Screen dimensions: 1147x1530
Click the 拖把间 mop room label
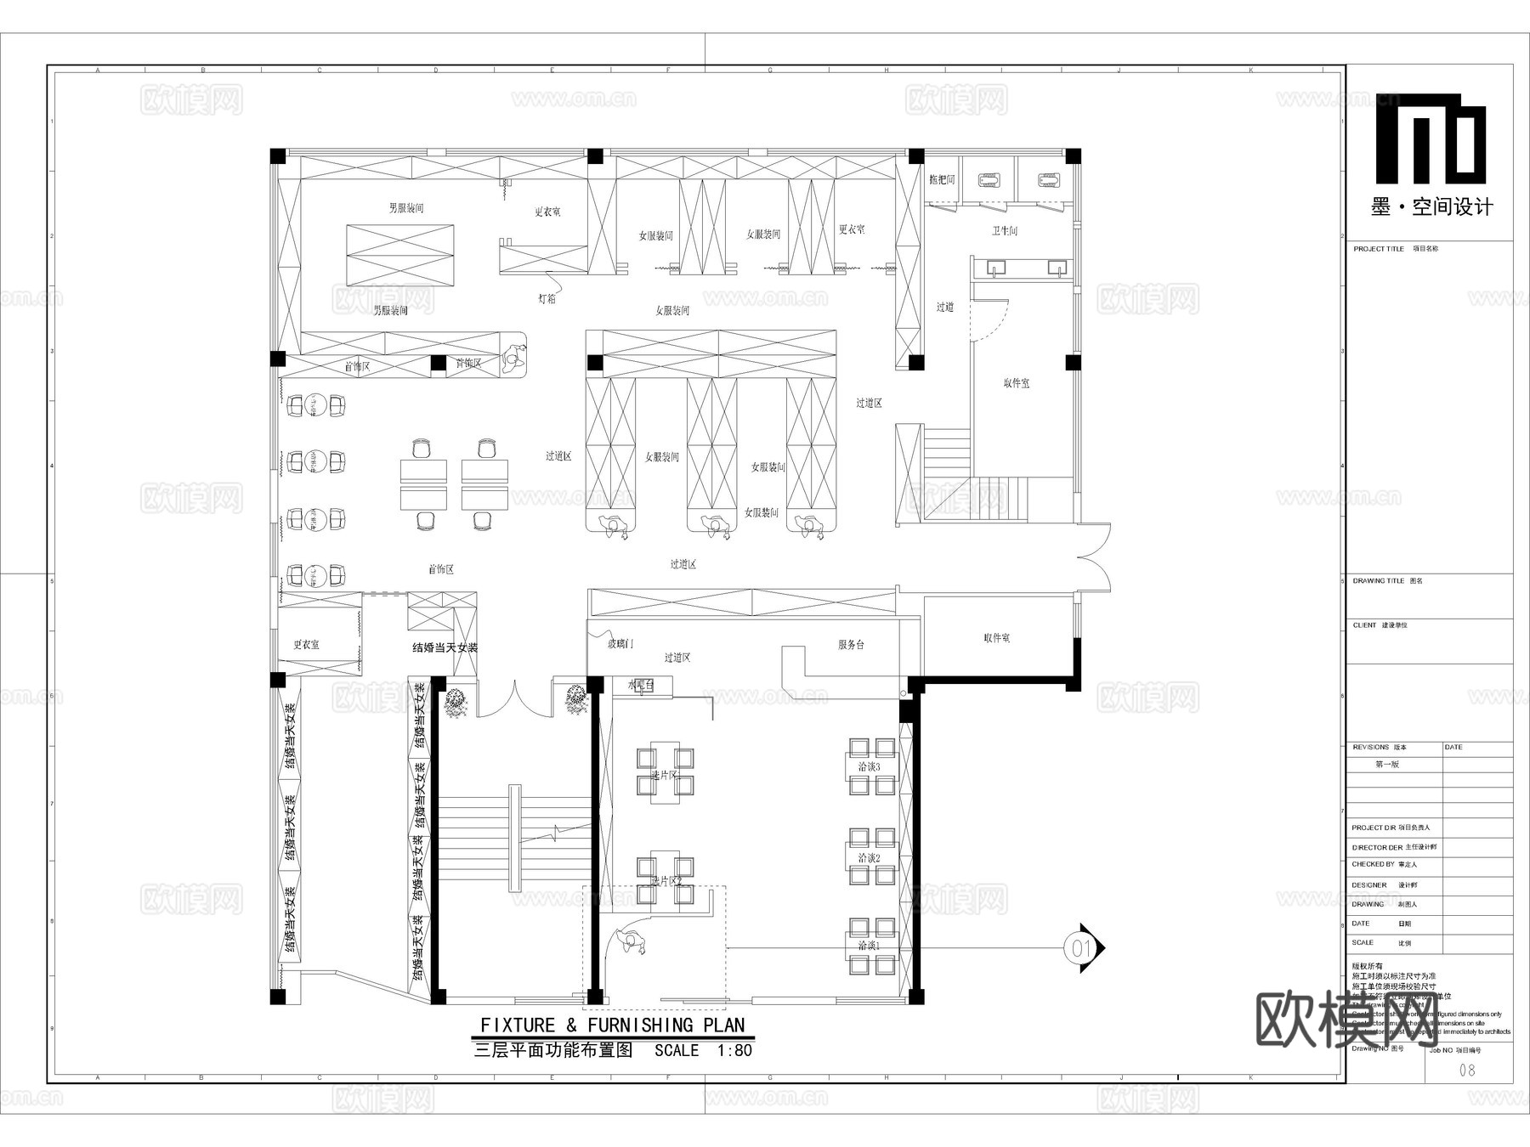942,180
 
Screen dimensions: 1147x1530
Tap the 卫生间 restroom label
1004,231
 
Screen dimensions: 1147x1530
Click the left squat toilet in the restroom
989,180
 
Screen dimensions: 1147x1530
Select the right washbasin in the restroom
1057,268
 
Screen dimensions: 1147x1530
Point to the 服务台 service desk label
851,645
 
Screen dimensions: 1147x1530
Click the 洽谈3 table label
869,766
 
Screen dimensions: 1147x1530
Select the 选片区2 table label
666,881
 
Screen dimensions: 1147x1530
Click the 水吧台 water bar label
640,685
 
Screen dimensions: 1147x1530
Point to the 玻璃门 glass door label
620,644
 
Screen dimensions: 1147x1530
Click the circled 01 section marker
1080,947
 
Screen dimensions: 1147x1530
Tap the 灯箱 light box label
547,299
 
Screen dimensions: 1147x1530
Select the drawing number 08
1467,1071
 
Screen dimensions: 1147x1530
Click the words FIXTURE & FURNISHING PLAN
612,1026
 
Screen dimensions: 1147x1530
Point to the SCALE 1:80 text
703,1051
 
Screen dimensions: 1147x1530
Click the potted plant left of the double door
456,703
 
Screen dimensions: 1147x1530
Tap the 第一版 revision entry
1387,765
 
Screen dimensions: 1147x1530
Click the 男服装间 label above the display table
406,208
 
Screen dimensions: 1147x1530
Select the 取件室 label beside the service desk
996,638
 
